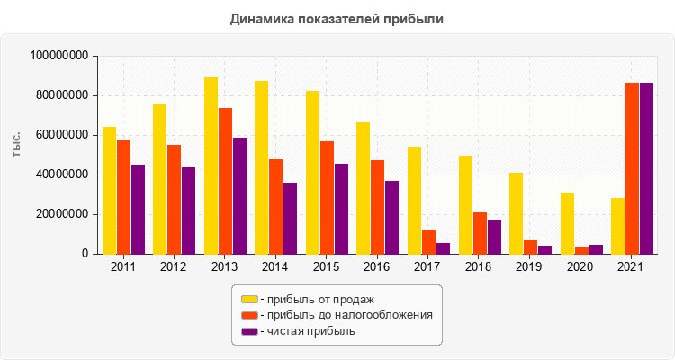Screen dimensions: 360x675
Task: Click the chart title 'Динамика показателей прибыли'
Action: (337, 18)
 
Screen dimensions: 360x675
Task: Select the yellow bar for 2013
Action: (211, 166)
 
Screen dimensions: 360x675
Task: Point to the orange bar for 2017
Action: (428, 242)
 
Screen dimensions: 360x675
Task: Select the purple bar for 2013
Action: (239, 196)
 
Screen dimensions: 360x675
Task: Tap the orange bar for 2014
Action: (275, 207)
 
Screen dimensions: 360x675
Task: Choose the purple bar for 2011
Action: (138, 210)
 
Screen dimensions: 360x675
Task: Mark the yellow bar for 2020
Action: (567, 224)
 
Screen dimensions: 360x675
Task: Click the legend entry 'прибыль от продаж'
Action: (315, 299)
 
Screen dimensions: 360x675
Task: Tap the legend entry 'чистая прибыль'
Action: (306, 331)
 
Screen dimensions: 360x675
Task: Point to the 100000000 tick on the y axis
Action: (58, 56)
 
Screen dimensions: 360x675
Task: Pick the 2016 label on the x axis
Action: (377, 267)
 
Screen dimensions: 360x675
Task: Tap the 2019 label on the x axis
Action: (530, 267)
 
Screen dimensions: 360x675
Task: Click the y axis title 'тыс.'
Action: (17, 148)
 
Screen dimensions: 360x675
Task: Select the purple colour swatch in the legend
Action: (248, 331)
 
